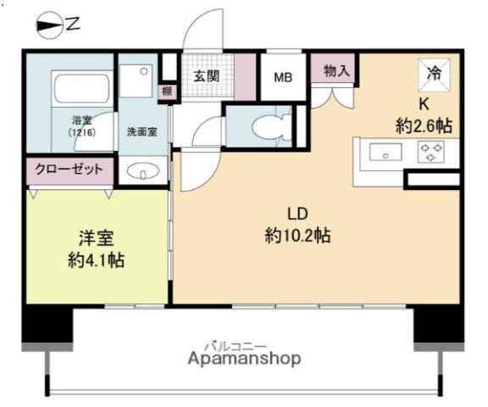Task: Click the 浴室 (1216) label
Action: tap(82, 126)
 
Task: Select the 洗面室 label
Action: tap(142, 131)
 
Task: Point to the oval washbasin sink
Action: tap(143, 171)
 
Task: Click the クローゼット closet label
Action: tap(69, 170)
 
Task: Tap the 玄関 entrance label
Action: tap(207, 76)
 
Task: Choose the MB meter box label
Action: tap(283, 77)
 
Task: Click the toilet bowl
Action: tap(271, 127)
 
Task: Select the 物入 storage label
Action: tap(336, 70)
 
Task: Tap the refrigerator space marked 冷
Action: tap(434, 75)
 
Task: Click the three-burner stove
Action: tap(430, 152)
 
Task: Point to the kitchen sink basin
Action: tap(385, 152)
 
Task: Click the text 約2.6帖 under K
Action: tap(424, 125)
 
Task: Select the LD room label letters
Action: tap(297, 214)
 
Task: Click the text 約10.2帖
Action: tap(297, 235)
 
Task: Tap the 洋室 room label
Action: tap(97, 238)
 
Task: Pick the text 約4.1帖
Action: tap(97, 260)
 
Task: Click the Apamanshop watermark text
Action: tap(244, 359)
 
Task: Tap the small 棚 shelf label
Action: tap(167, 92)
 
